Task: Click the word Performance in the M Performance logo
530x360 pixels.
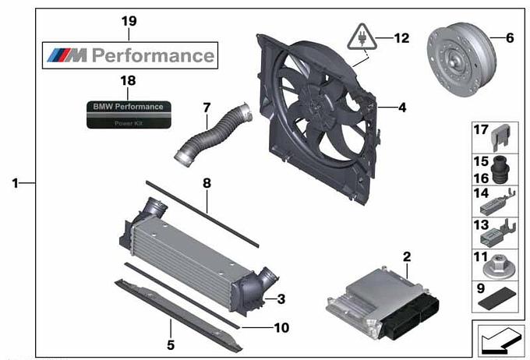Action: [153, 55]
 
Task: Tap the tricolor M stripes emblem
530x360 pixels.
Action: [67, 55]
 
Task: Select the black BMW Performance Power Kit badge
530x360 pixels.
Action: [129, 115]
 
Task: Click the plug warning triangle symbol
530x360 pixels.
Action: [362, 37]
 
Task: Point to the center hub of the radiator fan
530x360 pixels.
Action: [316, 101]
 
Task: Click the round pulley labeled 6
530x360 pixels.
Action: [461, 59]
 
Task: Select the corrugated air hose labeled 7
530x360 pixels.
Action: [213, 135]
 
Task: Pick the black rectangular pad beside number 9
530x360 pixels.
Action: [497, 298]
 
